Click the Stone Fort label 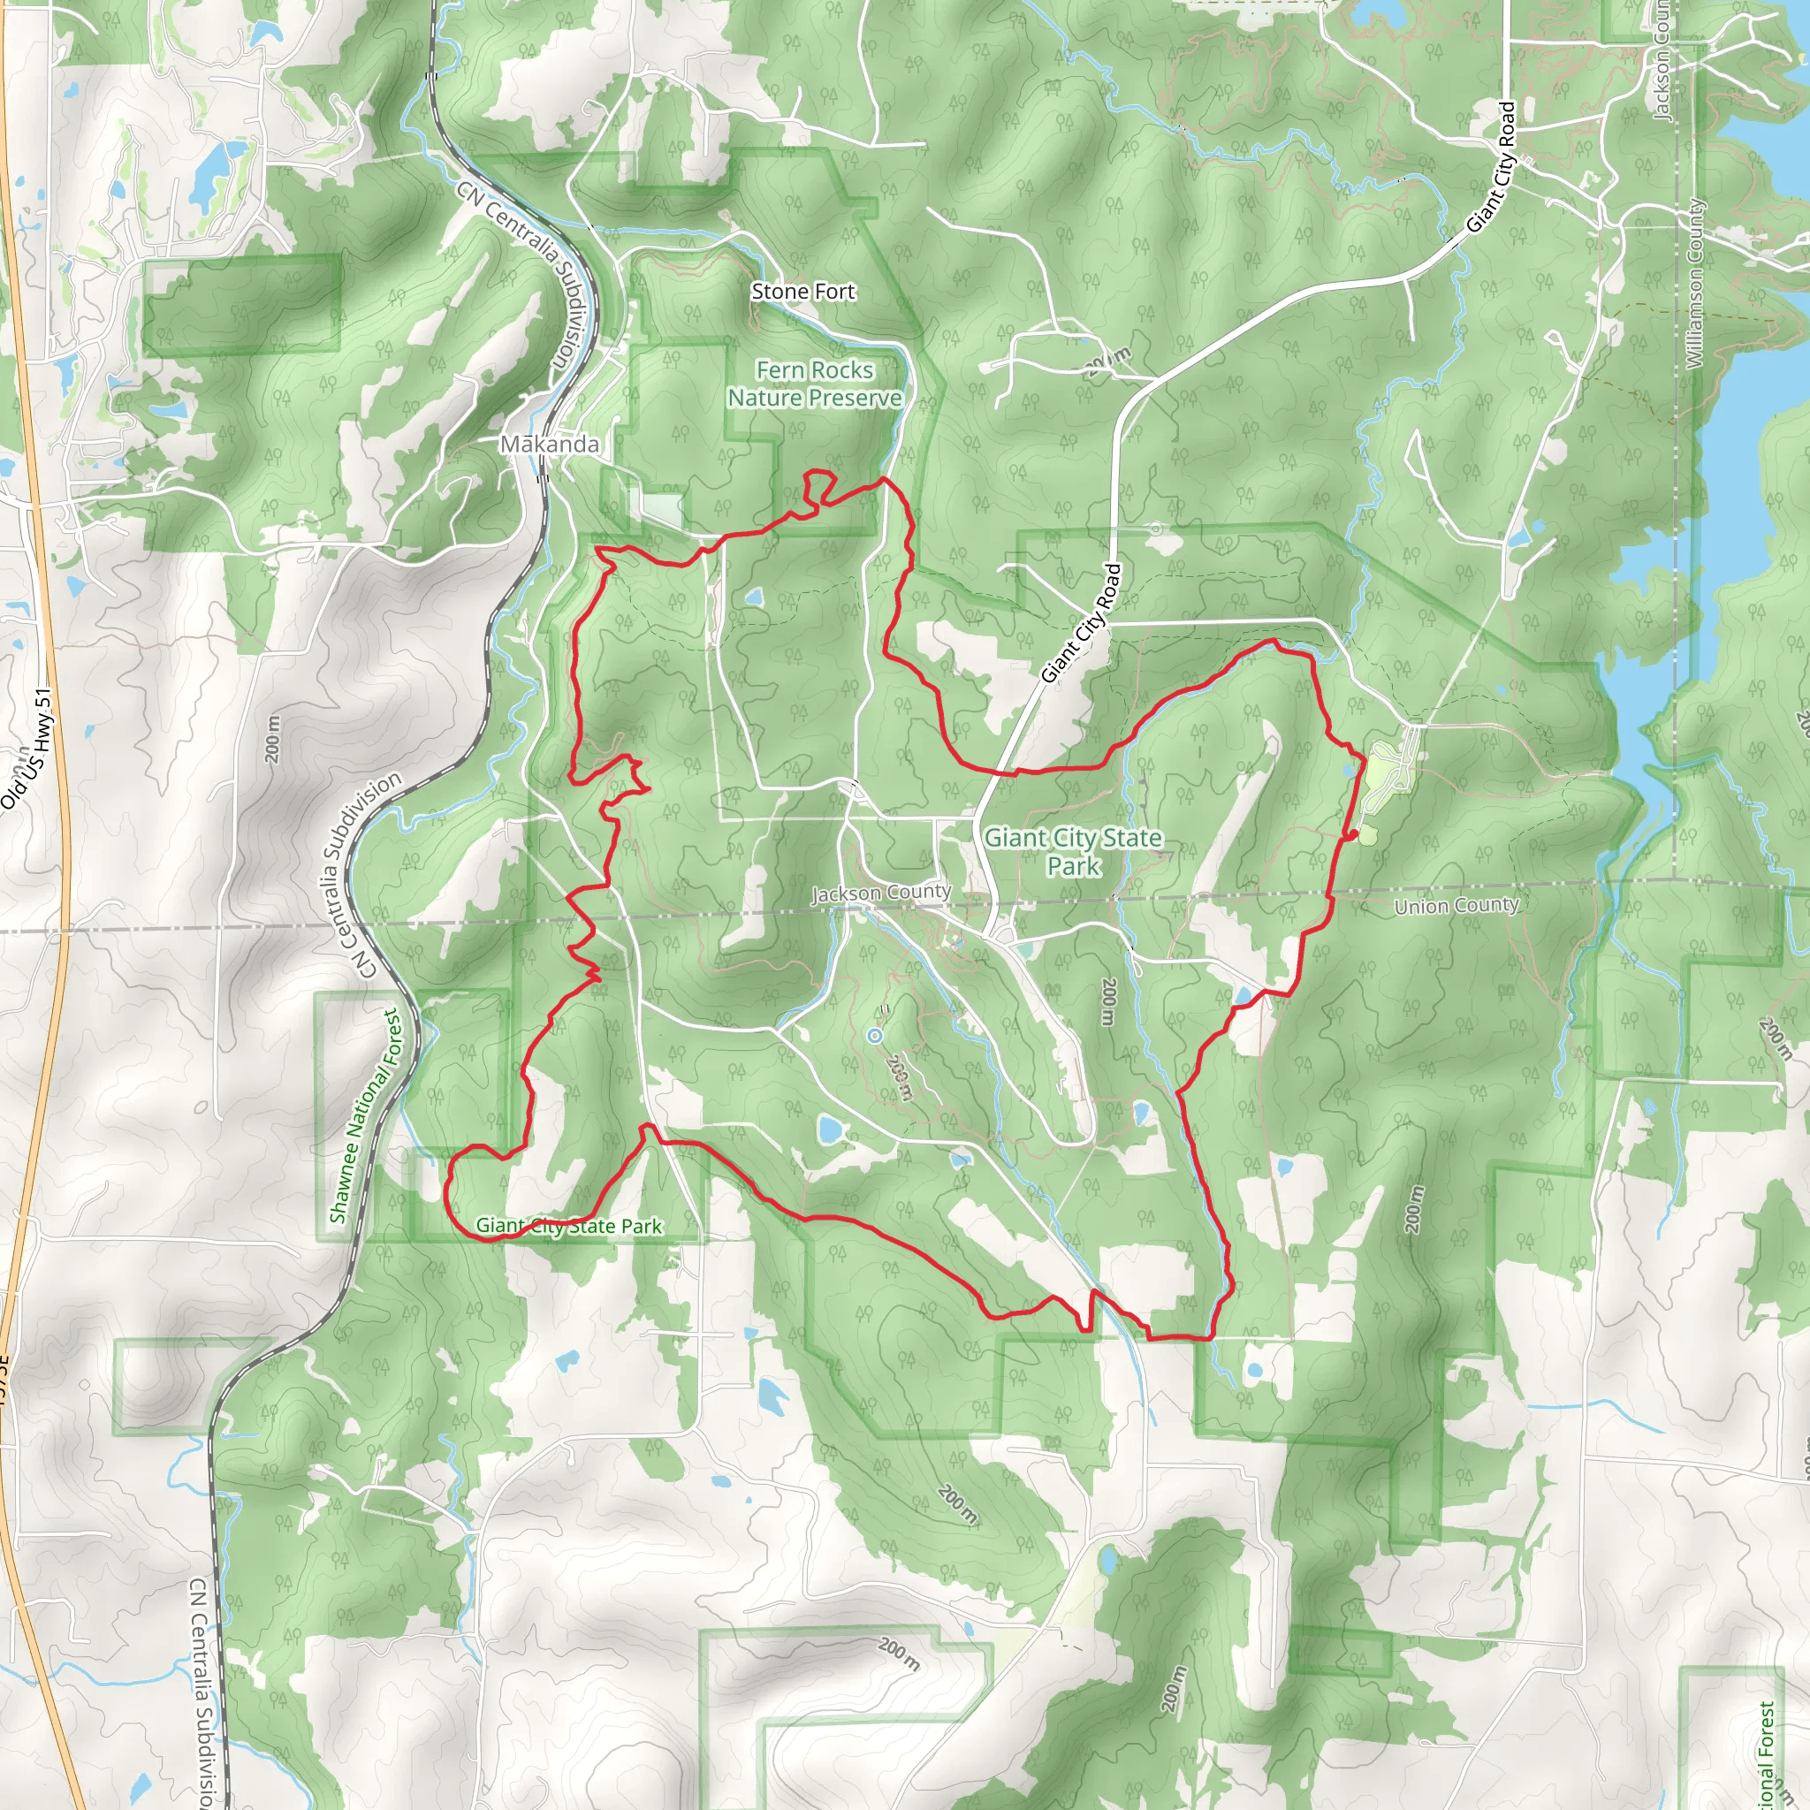pyautogui.click(x=802, y=292)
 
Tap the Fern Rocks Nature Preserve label pyautogui.click(x=814, y=384)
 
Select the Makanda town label pyautogui.click(x=549, y=444)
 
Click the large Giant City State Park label pyautogui.click(x=1073, y=851)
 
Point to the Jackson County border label pyautogui.click(x=880, y=893)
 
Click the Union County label pyautogui.click(x=1456, y=905)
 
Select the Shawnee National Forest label pyautogui.click(x=364, y=1114)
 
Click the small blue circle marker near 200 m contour pyautogui.click(x=874, y=1035)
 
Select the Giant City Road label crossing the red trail pyautogui.click(x=1081, y=622)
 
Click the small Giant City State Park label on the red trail pyautogui.click(x=568, y=1226)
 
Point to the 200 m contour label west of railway pyautogui.click(x=271, y=738)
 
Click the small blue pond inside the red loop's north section pyautogui.click(x=752, y=597)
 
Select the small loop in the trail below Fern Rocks pyautogui.click(x=818, y=487)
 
